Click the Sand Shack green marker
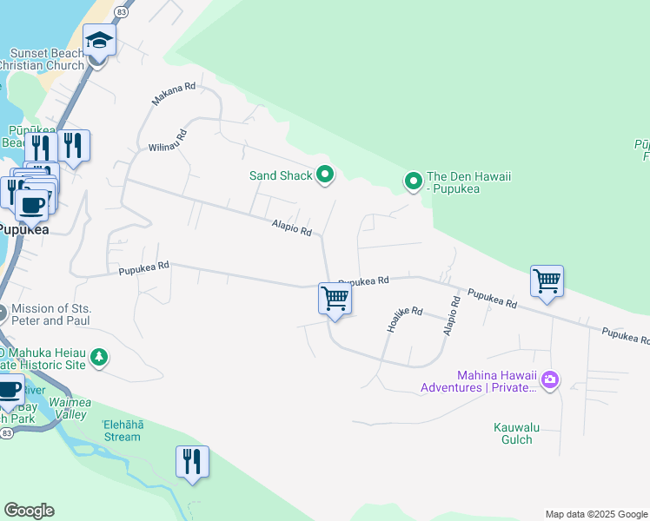(325, 175)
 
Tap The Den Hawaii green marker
(414, 181)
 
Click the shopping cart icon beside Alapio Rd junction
(335, 299)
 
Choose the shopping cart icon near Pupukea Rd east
(547, 281)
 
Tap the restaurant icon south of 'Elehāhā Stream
(192, 461)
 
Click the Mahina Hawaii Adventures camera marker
(549, 379)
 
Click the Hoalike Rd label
(404, 320)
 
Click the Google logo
(29, 511)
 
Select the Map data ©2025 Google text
(595, 514)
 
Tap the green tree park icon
(99, 356)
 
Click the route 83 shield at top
(122, 13)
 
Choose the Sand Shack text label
(280, 175)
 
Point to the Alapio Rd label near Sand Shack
(290, 228)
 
